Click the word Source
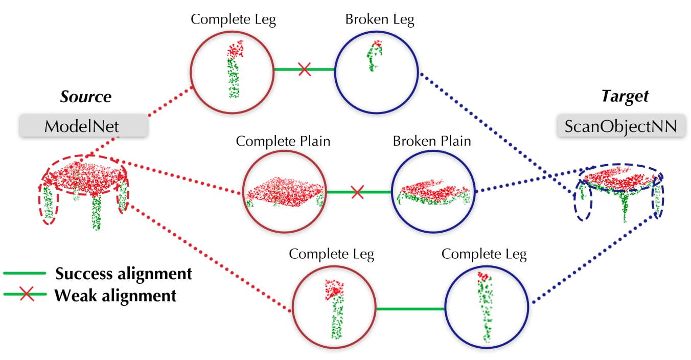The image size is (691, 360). [86, 97]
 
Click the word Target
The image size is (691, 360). [624, 96]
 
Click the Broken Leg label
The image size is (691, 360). [379, 20]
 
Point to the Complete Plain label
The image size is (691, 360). [283, 141]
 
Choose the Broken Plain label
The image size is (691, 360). [431, 141]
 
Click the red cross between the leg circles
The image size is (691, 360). [305, 69]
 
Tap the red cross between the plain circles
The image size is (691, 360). [357, 192]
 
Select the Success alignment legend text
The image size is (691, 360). [124, 274]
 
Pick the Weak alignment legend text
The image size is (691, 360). [116, 295]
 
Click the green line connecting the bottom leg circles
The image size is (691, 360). [410, 309]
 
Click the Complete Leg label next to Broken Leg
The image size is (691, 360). [233, 20]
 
